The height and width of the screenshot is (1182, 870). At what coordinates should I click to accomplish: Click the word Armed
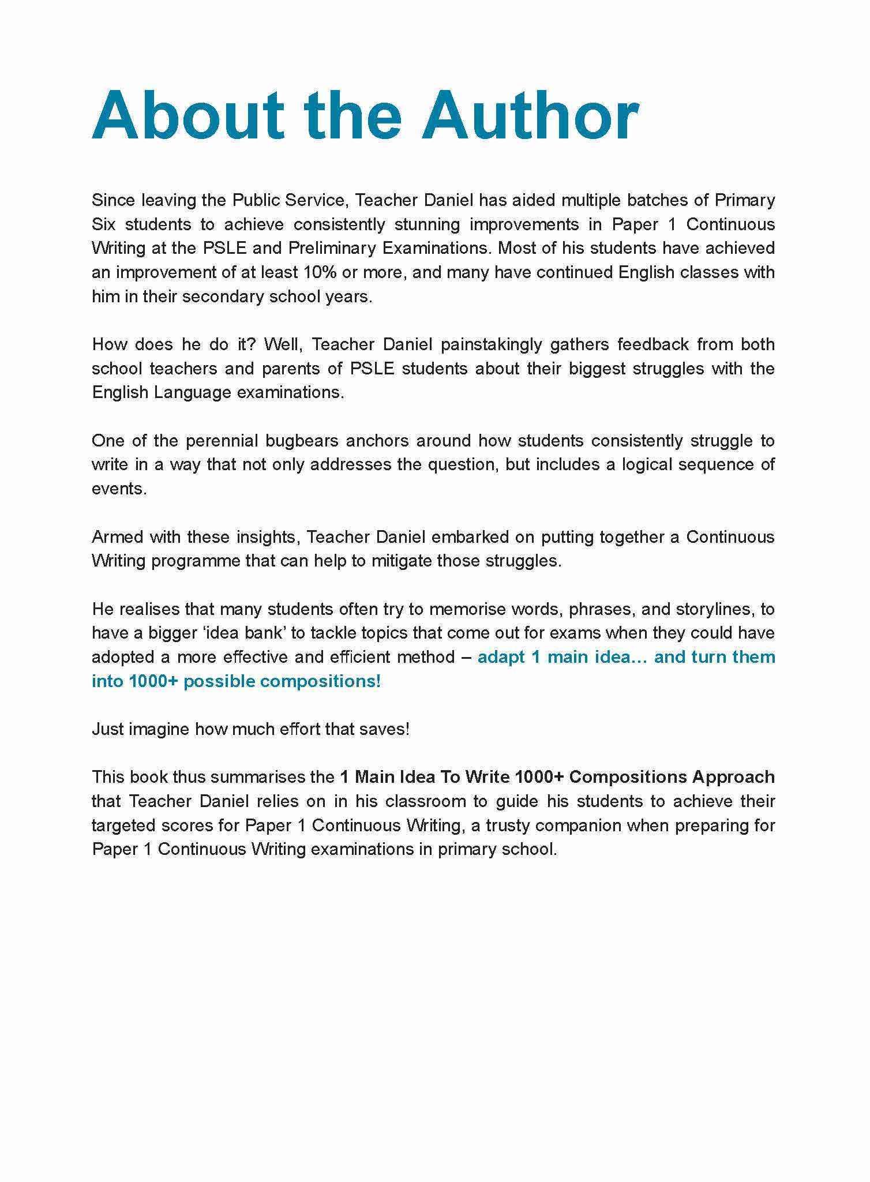pyautogui.click(x=117, y=537)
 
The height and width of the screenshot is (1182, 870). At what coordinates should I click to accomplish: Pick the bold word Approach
pyautogui.click(x=733, y=777)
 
